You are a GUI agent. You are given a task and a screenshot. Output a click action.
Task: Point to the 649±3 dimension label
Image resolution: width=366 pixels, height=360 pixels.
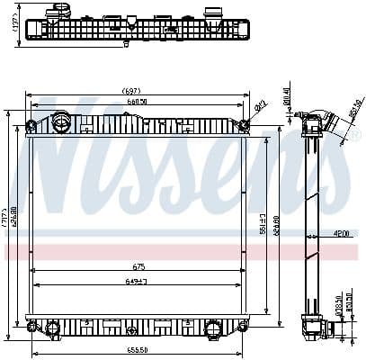tap(138, 283)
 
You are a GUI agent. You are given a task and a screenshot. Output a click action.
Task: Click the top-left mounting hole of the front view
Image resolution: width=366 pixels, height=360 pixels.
tap(31, 124)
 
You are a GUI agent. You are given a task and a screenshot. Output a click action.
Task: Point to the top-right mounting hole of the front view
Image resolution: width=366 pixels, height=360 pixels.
tap(243, 124)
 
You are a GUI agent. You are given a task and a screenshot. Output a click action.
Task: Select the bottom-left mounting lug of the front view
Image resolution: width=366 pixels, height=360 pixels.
tap(32, 327)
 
